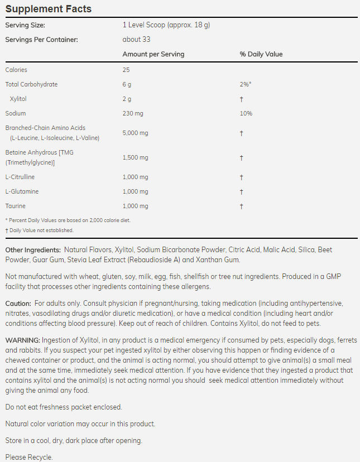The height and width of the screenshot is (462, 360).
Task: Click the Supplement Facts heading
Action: point(48,9)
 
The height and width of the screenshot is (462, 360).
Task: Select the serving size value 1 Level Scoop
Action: point(166,25)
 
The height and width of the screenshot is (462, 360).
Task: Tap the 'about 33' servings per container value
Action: point(136,40)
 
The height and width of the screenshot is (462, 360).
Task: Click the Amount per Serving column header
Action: point(153,54)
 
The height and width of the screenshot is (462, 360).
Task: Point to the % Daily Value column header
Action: point(261,54)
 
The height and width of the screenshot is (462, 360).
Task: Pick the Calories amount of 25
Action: point(126,70)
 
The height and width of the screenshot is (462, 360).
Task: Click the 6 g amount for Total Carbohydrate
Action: point(127,84)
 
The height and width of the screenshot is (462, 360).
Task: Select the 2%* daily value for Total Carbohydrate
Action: point(245,84)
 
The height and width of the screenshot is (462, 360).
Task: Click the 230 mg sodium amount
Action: point(133,113)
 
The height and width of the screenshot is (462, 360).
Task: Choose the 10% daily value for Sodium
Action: point(246,113)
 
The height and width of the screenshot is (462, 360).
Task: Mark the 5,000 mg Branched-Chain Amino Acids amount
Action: point(135,133)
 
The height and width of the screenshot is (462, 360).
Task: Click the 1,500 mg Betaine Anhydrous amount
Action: point(135,158)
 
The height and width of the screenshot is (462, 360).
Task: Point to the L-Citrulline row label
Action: point(20,177)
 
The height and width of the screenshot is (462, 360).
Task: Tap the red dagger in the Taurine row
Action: point(241,206)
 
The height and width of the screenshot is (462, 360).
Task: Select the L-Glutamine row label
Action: point(21,191)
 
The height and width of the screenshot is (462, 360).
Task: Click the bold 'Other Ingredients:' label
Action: point(33,249)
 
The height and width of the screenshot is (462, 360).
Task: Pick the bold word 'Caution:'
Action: point(18,303)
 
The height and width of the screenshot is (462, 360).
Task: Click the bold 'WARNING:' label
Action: point(22,340)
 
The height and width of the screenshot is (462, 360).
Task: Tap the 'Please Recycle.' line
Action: point(29,457)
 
